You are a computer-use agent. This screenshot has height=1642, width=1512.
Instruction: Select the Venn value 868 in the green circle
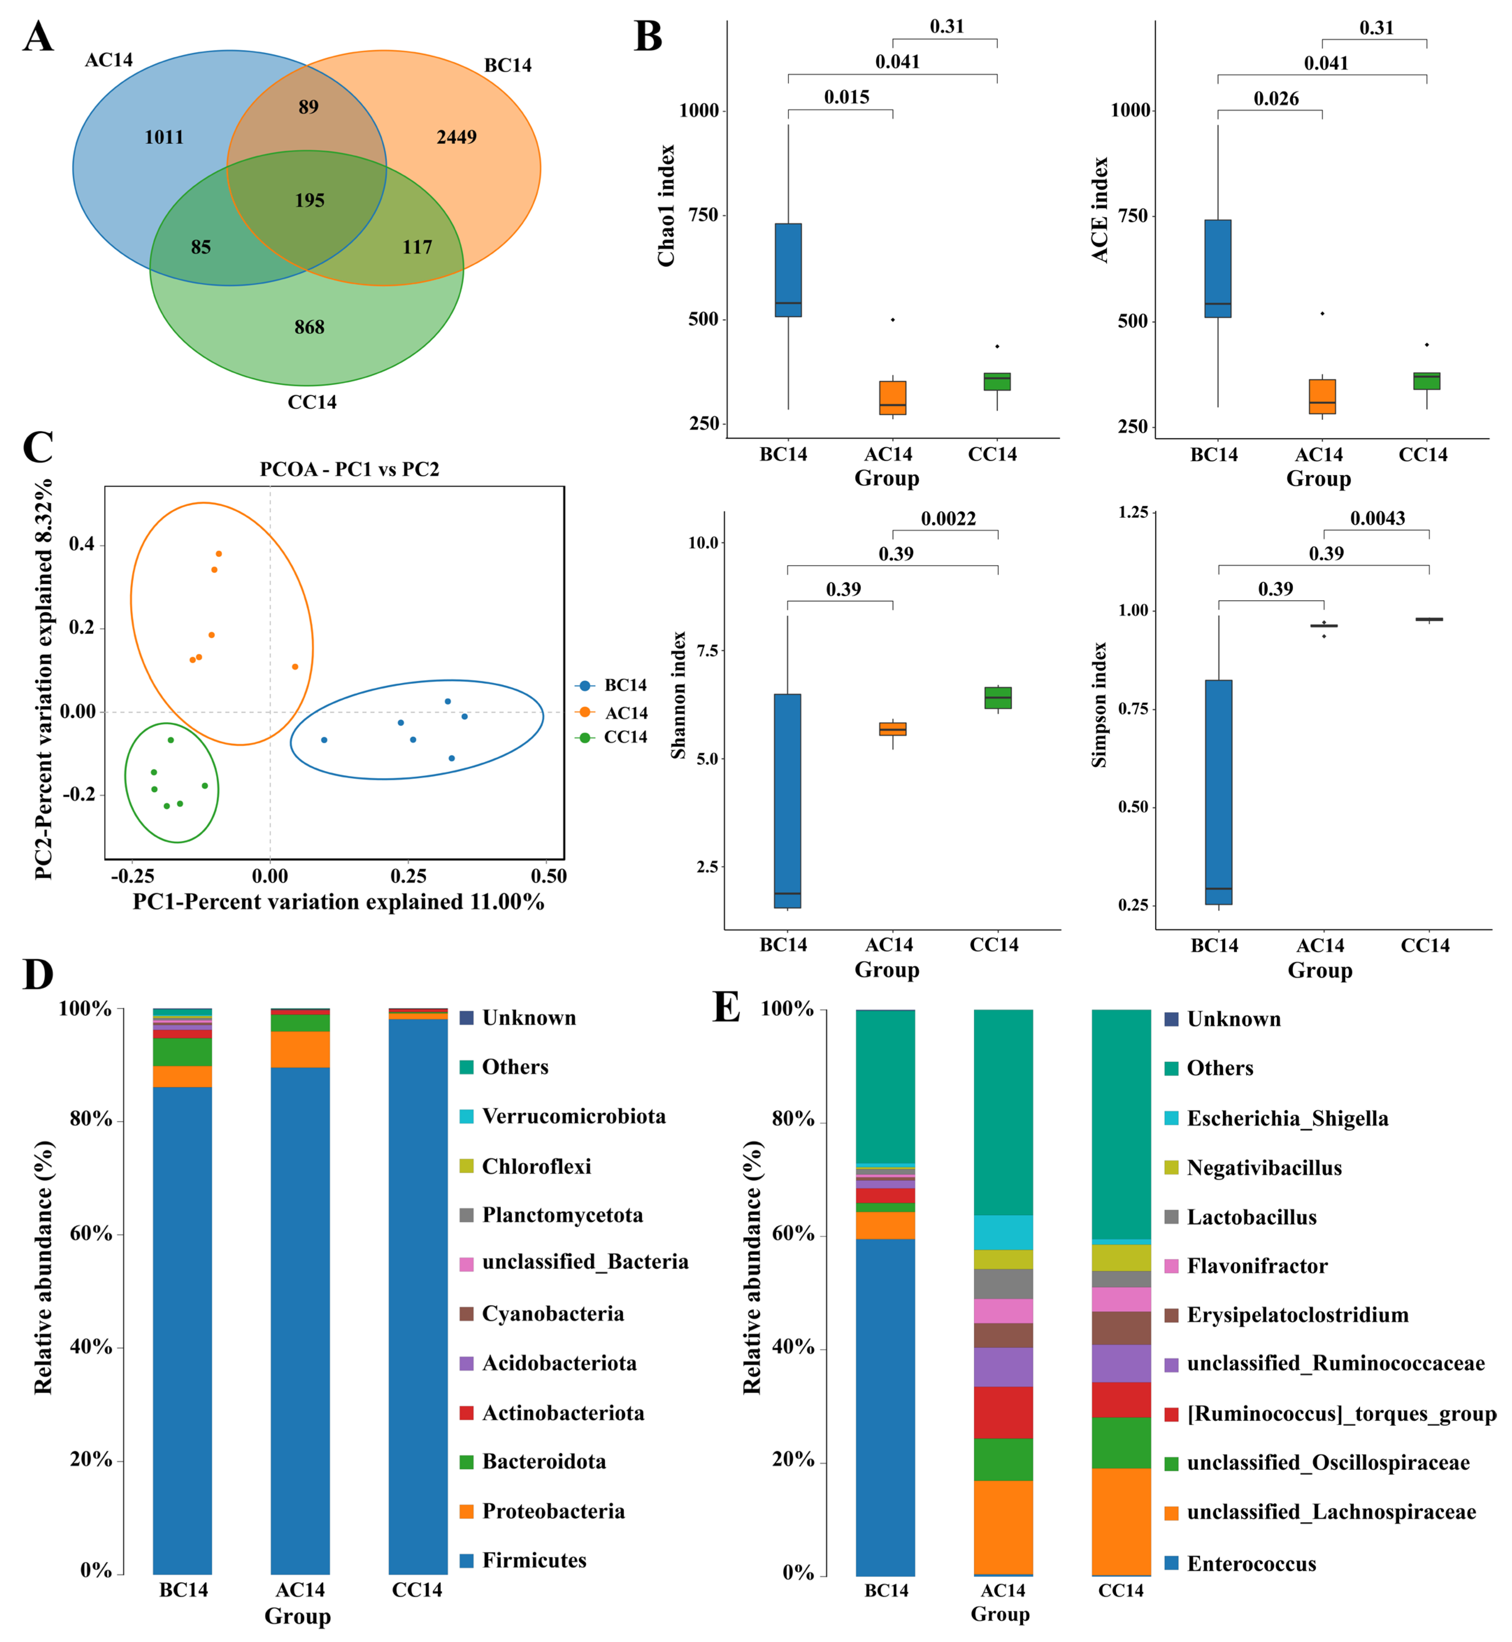tap(309, 327)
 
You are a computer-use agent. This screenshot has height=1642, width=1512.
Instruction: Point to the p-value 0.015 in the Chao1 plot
tap(846, 97)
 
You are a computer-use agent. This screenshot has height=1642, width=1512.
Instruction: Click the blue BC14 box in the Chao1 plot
tap(788, 270)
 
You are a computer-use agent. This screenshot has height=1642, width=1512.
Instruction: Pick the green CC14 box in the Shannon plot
tap(998, 697)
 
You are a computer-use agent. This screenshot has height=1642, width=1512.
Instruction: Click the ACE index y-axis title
tap(1101, 210)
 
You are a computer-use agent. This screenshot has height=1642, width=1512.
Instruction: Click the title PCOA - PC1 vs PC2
tap(350, 469)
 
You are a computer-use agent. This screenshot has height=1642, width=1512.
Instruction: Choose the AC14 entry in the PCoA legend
tap(626, 712)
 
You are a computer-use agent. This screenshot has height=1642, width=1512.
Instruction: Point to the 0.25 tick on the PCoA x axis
tap(408, 876)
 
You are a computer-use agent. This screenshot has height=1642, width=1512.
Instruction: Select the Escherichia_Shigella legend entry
tap(1287, 1118)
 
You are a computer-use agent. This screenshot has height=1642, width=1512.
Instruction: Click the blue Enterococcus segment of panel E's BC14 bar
tap(885, 1407)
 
